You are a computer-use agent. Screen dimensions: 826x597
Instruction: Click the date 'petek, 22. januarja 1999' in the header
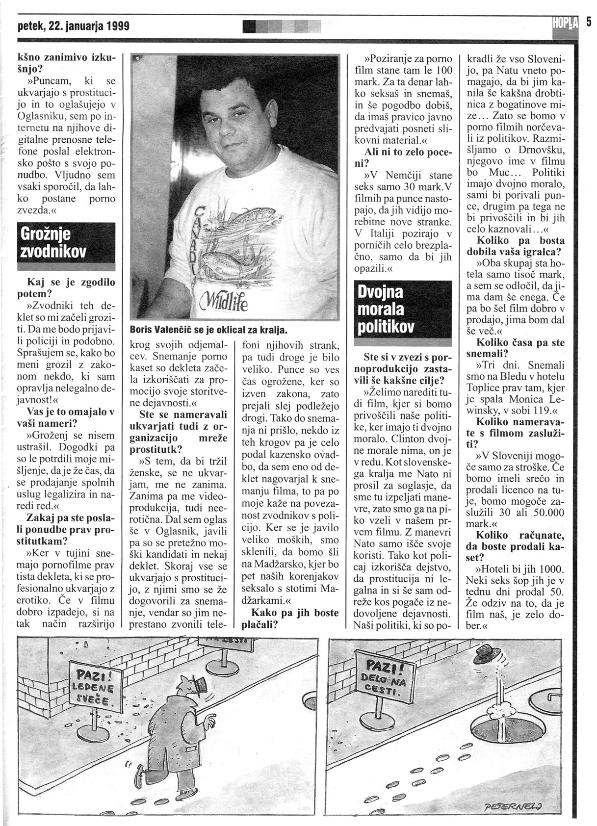(x=74, y=26)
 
